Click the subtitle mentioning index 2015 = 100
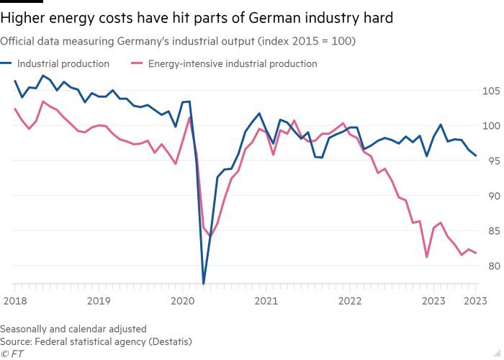(177, 41)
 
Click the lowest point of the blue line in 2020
(203, 283)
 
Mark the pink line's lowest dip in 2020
(210, 235)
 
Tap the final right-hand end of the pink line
(476, 253)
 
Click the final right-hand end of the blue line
(476, 156)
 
